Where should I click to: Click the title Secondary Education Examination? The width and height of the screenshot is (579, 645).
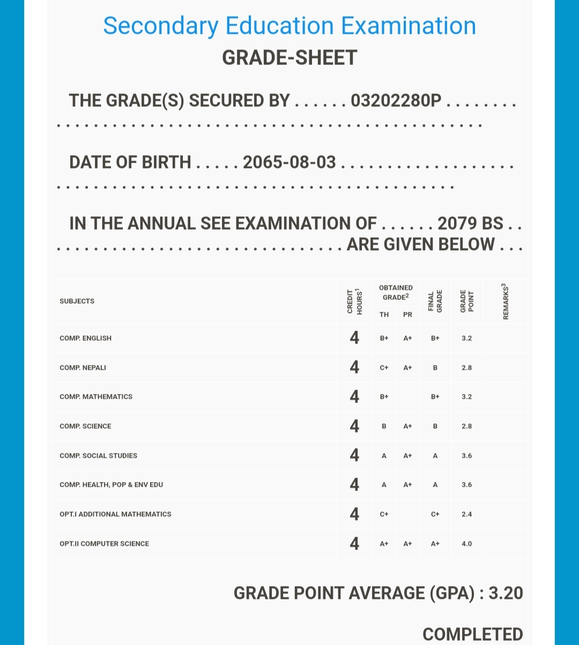pyautogui.click(x=289, y=26)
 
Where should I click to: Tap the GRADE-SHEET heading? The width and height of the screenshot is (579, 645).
pyautogui.click(x=289, y=58)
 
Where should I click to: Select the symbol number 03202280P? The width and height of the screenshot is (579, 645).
pyautogui.click(x=396, y=101)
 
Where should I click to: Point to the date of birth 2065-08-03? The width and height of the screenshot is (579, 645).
pyautogui.click(x=289, y=162)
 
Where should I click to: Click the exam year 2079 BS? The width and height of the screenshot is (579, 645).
pyautogui.click(x=470, y=224)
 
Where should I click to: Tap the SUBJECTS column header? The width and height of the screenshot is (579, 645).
pyautogui.click(x=77, y=301)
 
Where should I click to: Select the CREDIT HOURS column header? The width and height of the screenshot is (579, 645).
pyautogui.click(x=354, y=301)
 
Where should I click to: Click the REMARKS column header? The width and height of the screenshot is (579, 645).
pyautogui.click(x=505, y=301)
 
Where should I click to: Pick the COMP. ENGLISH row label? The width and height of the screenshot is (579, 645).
pyautogui.click(x=85, y=338)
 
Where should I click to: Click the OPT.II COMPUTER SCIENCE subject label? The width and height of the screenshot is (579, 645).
pyautogui.click(x=104, y=544)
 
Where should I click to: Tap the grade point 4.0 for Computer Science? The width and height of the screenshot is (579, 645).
pyautogui.click(x=466, y=544)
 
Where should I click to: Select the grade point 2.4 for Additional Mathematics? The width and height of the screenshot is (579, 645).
pyautogui.click(x=466, y=514)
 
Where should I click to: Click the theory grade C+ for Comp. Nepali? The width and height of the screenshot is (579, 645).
pyautogui.click(x=384, y=368)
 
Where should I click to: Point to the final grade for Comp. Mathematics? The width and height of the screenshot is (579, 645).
pyautogui.click(x=435, y=397)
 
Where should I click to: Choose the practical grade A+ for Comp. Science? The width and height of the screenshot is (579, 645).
pyautogui.click(x=407, y=426)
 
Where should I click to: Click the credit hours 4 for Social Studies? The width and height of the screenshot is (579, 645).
pyautogui.click(x=354, y=455)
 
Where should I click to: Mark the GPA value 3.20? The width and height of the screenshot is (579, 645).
pyautogui.click(x=506, y=593)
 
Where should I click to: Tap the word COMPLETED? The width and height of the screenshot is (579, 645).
pyautogui.click(x=472, y=634)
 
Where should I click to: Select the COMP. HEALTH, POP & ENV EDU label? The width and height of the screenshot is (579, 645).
pyautogui.click(x=111, y=485)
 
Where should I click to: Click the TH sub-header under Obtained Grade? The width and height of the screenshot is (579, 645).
pyautogui.click(x=384, y=314)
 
